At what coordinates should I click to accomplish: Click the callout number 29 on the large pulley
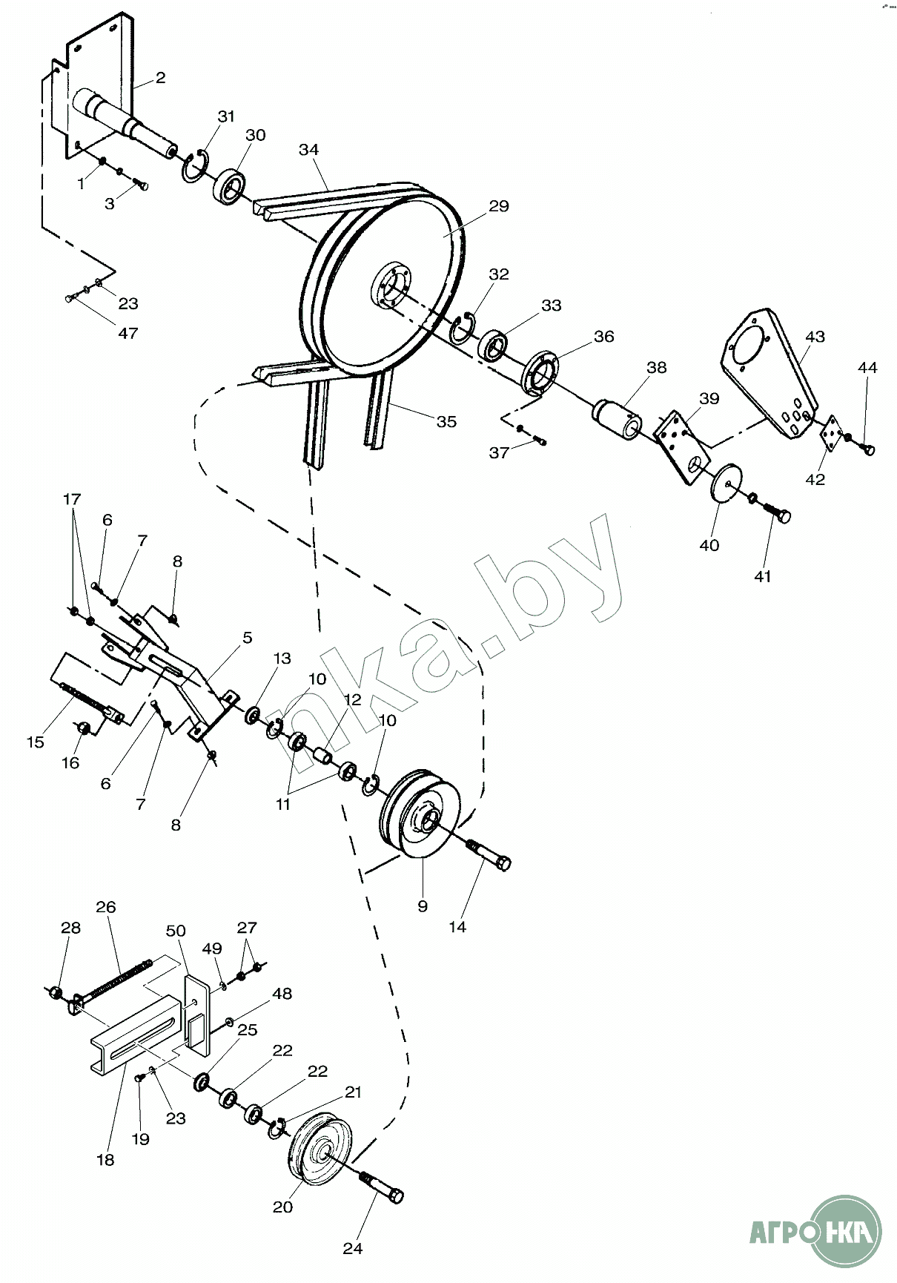(x=499, y=205)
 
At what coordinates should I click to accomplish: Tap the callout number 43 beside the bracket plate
(x=815, y=337)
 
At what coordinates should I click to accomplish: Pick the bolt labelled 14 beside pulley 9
(x=489, y=854)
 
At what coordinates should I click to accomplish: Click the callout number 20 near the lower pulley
(x=282, y=1207)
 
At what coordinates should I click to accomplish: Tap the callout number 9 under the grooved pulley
(x=423, y=906)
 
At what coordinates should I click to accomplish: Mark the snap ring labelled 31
(x=195, y=167)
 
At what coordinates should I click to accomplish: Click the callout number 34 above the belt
(x=308, y=150)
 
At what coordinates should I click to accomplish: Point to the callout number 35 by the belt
(x=446, y=422)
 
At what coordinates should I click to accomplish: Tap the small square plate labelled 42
(x=831, y=432)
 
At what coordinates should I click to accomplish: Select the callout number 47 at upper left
(x=128, y=333)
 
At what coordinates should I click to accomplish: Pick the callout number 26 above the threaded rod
(x=106, y=907)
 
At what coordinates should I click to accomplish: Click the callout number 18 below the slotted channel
(x=106, y=1159)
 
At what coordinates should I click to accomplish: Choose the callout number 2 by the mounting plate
(x=160, y=78)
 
